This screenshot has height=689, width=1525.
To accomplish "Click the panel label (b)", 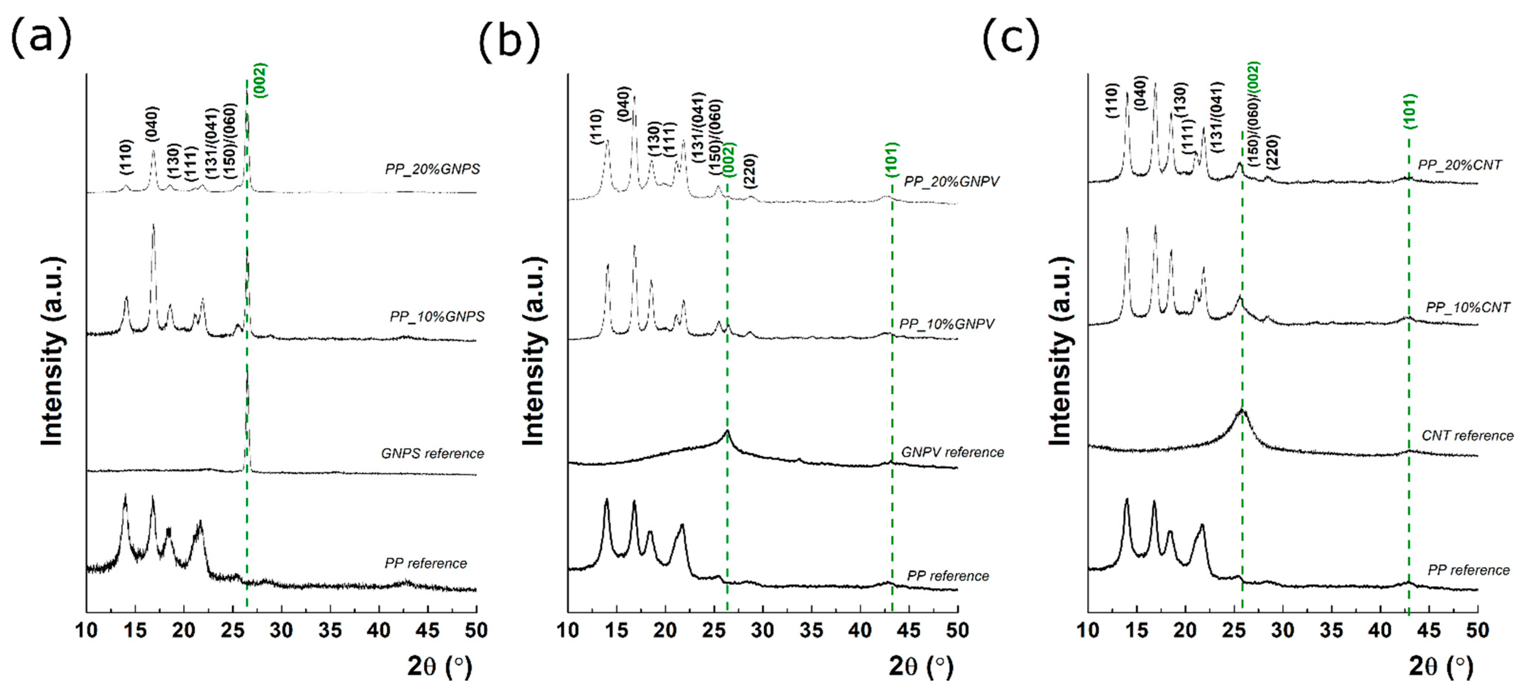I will pos(509,42).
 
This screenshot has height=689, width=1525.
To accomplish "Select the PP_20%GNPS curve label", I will pos(432,169).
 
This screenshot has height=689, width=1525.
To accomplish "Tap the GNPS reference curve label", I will pos(432,453).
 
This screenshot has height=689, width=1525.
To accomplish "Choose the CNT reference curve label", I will pos(1467,436).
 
